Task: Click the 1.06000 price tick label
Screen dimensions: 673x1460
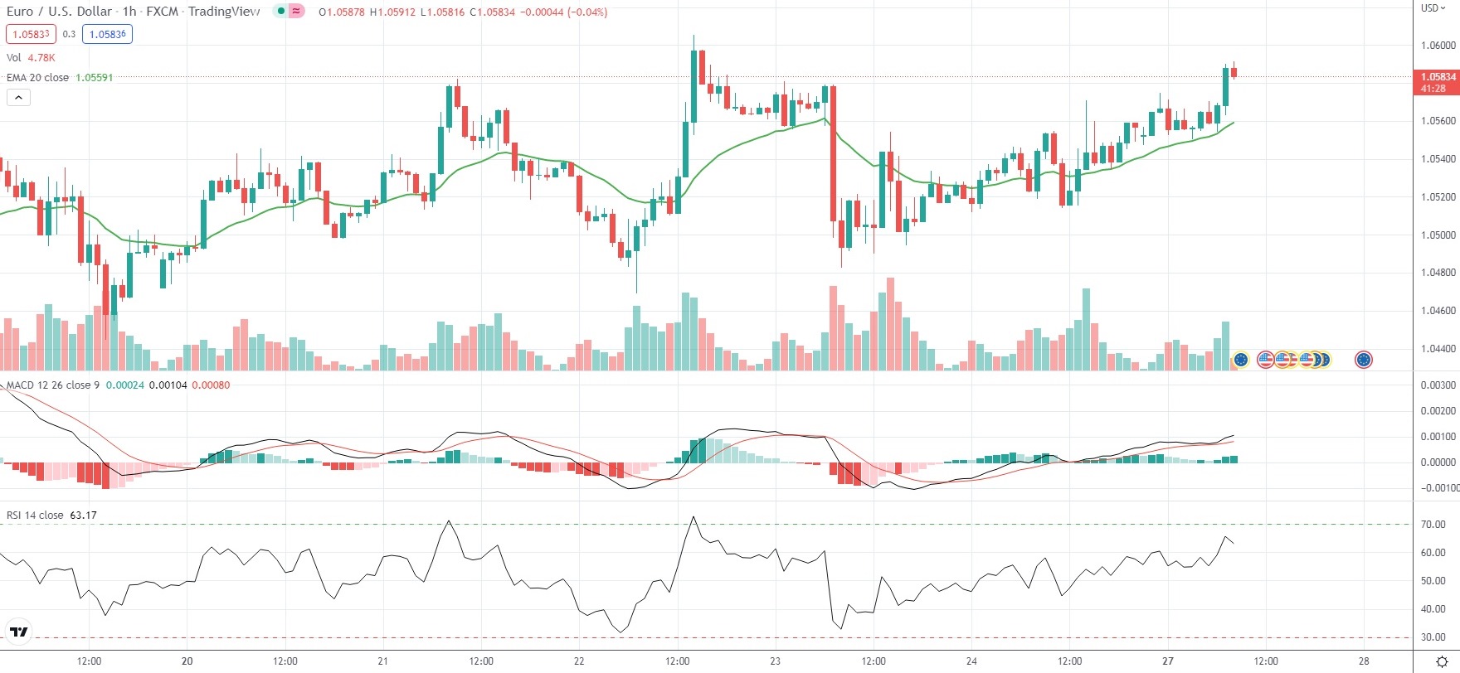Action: [x=1438, y=46]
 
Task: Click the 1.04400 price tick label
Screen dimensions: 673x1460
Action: [x=1438, y=349]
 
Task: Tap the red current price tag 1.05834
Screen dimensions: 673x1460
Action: [x=1438, y=77]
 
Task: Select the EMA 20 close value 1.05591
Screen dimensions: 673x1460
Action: [x=94, y=78]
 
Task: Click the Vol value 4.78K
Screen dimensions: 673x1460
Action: [x=41, y=58]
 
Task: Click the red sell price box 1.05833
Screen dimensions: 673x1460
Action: [x=31, y=34]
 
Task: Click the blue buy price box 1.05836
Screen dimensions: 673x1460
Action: [x=107, y=34]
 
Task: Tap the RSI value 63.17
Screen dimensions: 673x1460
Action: [x=83, y=516]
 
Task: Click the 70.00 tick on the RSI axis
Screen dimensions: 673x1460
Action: [x=1433, y=525]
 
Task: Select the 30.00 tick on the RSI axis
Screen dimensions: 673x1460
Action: [x=1433, y=637]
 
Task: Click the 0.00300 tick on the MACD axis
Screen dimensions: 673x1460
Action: [x=1438, y=385]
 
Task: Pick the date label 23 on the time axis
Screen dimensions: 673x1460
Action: [x=775, y=661]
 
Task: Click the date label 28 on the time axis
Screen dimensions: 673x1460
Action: [x=1364, y=661]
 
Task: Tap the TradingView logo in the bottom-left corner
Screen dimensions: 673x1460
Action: [x=18, y=632]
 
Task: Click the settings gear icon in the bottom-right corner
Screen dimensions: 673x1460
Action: [x=1441, y=661]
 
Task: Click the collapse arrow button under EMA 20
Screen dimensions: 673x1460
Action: [x=18, y=98]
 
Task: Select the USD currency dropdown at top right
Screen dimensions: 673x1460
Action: [x=1433, y=8]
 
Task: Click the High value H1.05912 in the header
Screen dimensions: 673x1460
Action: [x=393, y=12]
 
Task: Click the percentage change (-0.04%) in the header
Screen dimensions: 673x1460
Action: [x=586, y=12]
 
